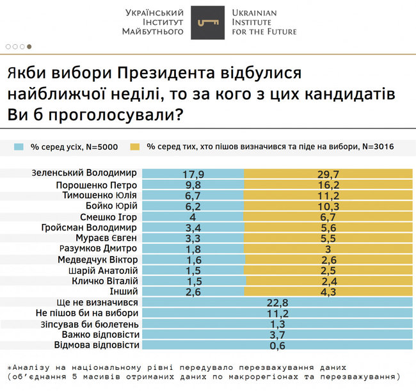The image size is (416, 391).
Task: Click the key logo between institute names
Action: (207, 22)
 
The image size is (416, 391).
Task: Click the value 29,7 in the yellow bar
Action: (327, 173)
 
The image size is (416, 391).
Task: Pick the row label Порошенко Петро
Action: (95, 184)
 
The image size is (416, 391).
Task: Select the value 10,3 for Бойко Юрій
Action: (327, 205)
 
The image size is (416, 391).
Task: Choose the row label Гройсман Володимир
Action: (88, 227)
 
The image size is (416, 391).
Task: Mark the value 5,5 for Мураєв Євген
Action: (327, 237)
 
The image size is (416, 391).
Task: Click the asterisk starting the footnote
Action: (10, 367)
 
